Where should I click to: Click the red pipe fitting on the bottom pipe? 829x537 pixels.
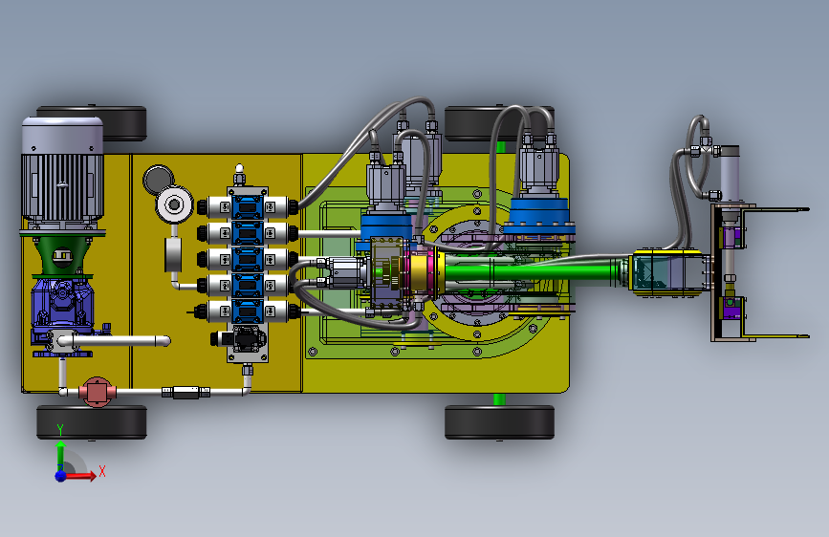(x=97, y=392)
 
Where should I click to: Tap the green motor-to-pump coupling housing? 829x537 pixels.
(x=61, y=255)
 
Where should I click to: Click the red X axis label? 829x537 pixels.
(x=102, y=471)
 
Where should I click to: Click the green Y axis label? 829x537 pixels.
(x=60, y=430)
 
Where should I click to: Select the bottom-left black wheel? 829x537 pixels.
(x=92, y=421)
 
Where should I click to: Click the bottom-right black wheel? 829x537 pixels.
(x=499, y=421)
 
